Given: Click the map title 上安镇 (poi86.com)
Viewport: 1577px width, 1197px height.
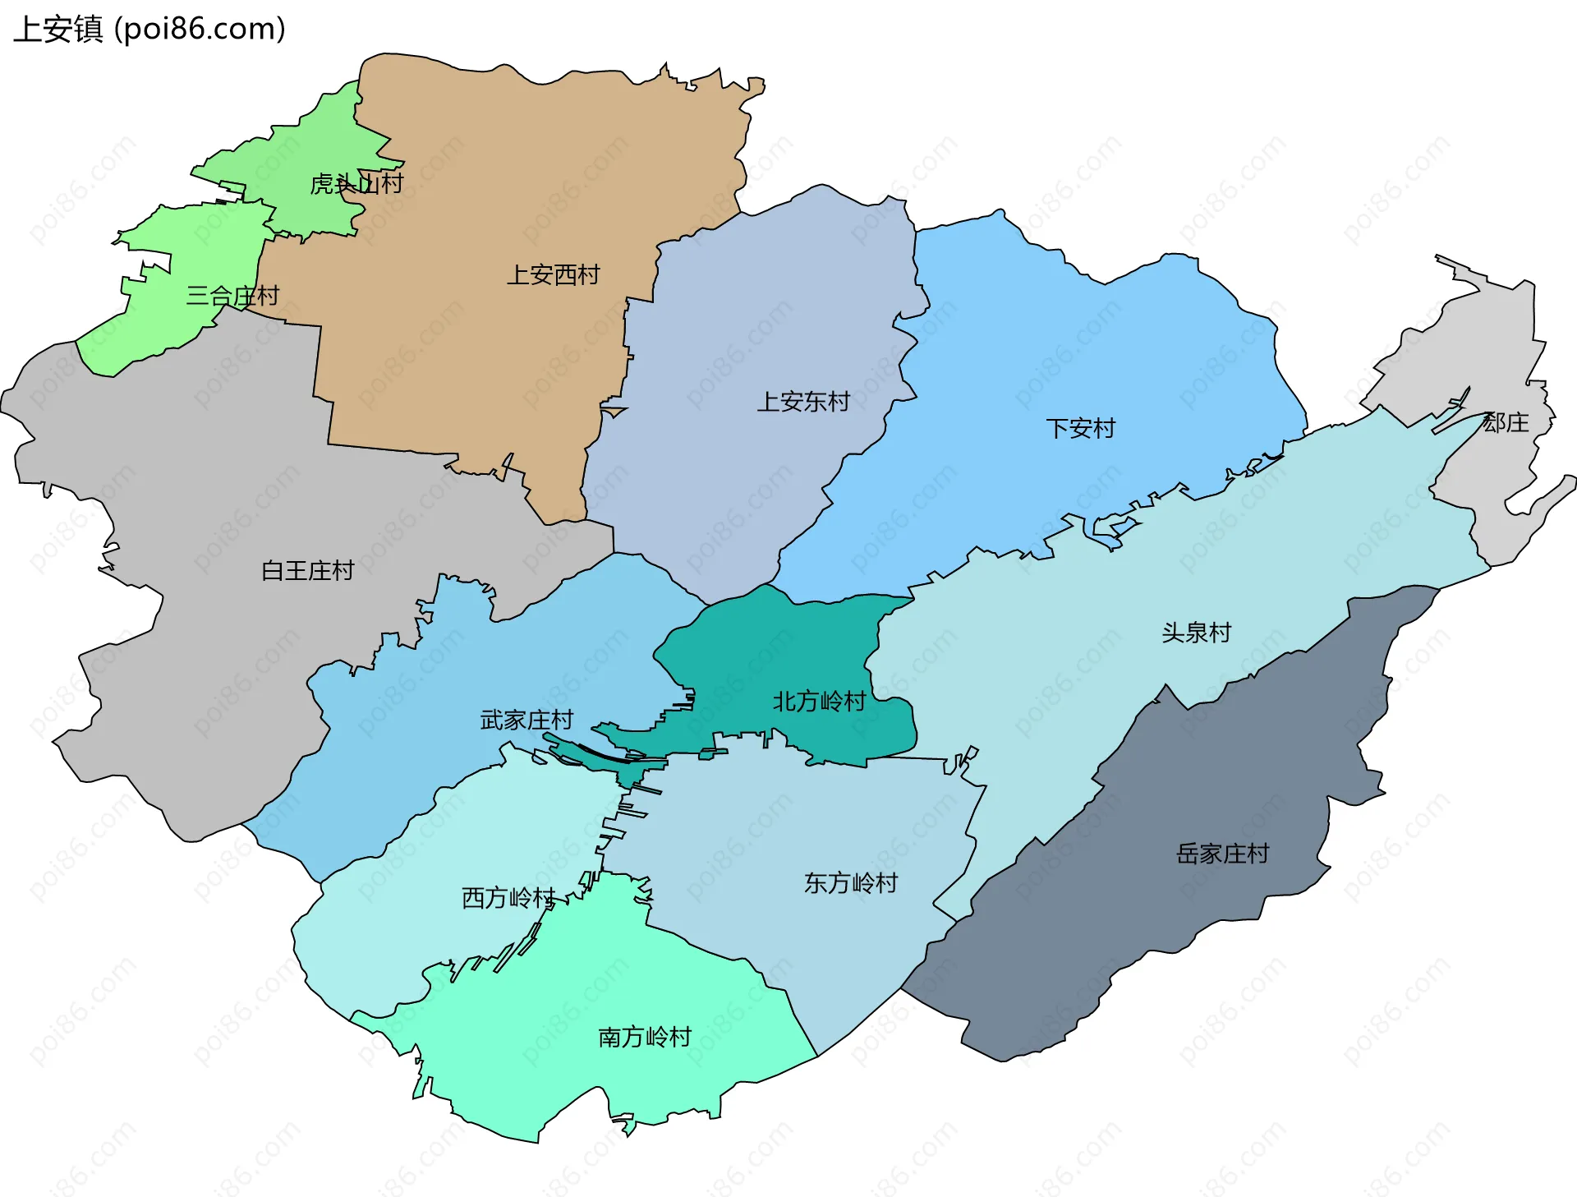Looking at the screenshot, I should pos(149,29).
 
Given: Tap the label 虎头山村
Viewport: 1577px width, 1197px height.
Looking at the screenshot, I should pos(356,183).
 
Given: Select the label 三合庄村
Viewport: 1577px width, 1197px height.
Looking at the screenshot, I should pos(232,296).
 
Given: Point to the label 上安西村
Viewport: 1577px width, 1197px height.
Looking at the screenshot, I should pos(553,274).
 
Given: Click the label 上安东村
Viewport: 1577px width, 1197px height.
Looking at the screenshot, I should pos(802,402).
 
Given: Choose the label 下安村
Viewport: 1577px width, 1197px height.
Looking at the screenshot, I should pos(1080,428).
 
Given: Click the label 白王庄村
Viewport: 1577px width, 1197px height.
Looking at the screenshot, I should pos(307,570).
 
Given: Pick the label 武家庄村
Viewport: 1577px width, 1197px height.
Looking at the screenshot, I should pos(526,721).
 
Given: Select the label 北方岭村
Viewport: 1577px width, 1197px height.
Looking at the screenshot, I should pos(819,702).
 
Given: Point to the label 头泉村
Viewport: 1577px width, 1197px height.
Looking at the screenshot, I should pos(1196,633).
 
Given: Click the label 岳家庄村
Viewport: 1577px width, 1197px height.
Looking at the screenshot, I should pos(1222,854).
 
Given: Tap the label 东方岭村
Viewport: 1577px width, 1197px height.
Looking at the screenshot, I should pos(851,883).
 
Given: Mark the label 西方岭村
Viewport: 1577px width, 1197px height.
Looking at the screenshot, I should pos(508,898).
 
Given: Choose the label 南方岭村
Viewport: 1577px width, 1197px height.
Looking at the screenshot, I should pos(645,1037).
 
